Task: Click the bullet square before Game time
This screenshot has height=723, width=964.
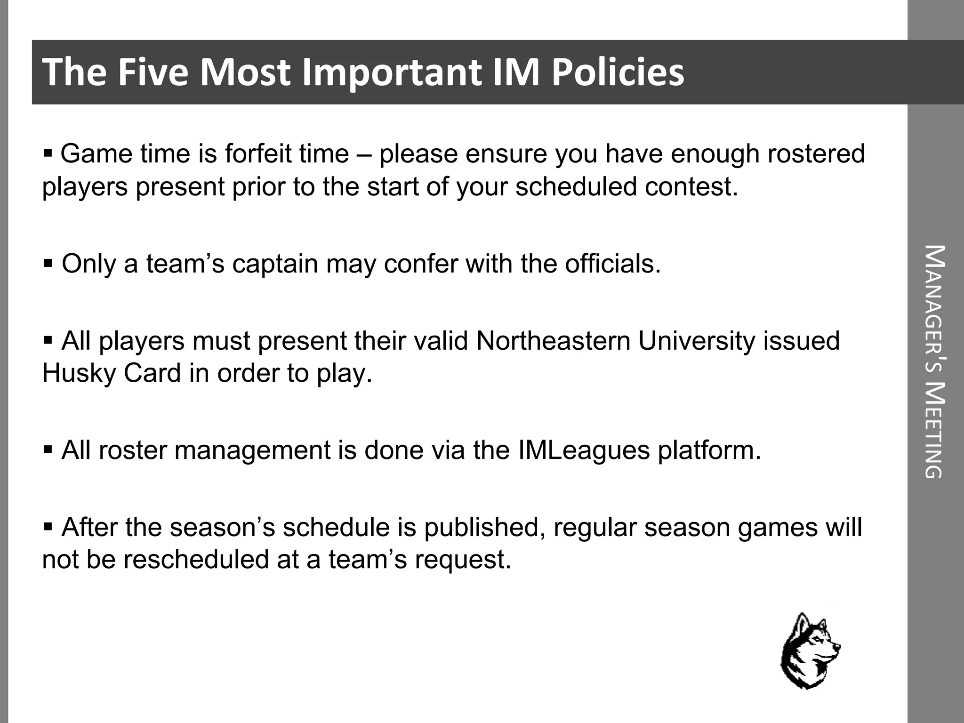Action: (x=48, y=153)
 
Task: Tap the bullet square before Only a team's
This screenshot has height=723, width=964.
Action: (x=48, y=263)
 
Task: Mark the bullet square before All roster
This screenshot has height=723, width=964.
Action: (x=48, y=450)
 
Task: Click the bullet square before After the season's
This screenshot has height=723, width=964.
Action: (x=48, y=526)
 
